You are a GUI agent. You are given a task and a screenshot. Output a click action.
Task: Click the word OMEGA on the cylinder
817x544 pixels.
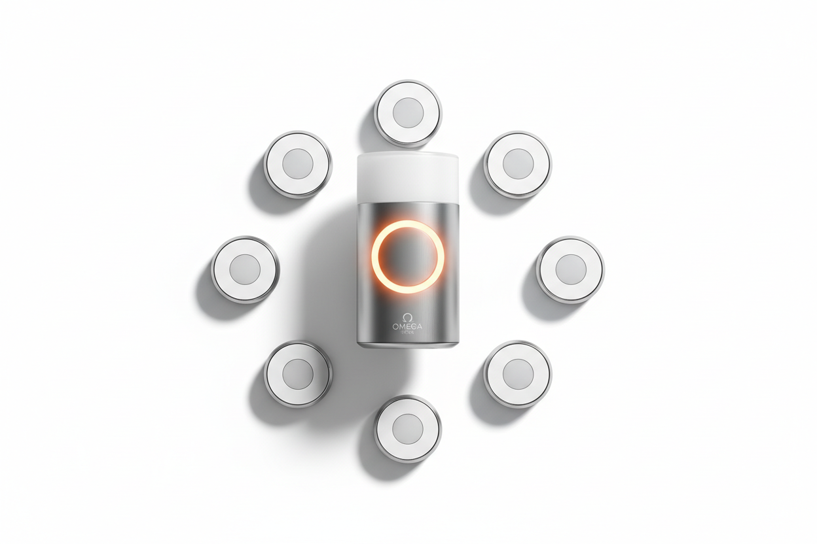[x=407, y=326]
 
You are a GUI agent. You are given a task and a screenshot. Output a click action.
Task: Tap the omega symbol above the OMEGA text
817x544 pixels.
[x=407, y=316]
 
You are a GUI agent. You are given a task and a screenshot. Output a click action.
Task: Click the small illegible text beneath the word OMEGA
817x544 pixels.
[x=407, y=333]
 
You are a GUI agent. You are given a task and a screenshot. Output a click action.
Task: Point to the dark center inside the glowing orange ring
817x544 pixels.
[x=407, y=256]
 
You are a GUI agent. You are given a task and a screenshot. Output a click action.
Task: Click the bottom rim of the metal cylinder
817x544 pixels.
[x=407, y=344]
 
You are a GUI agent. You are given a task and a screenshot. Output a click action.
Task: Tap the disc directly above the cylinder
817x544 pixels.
[x=408, y=113]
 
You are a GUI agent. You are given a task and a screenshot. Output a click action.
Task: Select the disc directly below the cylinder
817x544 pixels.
[x=408, y=429]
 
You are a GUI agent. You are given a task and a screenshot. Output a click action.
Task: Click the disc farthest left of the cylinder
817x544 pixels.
[x=245, y=269]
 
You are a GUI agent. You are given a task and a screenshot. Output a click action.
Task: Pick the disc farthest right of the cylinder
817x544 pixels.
[x=570, y=269]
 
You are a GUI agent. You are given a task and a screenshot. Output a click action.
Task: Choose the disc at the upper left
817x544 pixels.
[x=297, y=163]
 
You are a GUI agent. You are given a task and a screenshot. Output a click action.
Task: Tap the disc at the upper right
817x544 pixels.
[x=518, y=163]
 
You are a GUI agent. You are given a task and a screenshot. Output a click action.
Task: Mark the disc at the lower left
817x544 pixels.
[x=297, y=374]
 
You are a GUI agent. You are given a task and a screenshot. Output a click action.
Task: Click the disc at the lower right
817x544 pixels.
[x=518, y=374]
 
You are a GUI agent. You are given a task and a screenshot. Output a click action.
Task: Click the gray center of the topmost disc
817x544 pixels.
[x=408, y=112]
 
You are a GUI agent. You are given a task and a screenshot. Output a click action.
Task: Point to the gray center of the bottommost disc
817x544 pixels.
[x=408, y=429]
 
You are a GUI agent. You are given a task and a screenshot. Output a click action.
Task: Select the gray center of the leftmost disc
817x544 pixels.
[x=245, y=269]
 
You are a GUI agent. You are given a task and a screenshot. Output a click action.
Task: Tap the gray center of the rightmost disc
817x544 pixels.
[x=570, y=269]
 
